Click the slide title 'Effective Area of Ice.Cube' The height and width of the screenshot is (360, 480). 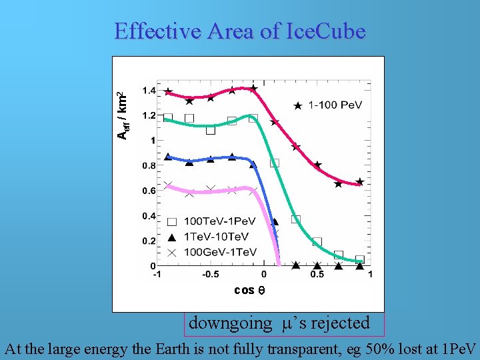239,31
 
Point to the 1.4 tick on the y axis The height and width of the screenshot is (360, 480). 149,91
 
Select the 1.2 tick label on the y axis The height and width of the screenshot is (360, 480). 149,116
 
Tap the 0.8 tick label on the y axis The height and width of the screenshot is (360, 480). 149,166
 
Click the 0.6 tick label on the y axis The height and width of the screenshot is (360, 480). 149,191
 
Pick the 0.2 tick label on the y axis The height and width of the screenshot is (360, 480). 149,241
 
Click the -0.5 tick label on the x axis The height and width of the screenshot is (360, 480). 211,275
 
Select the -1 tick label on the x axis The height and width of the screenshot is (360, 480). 157,275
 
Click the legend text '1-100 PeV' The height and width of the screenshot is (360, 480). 336,105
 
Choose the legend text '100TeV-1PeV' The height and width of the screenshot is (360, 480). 219,221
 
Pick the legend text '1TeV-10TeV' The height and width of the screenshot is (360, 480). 216,237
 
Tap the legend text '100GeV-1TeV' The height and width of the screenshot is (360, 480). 220,252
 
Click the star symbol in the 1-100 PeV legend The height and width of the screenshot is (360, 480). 298,105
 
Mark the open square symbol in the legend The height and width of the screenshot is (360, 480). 172,221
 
